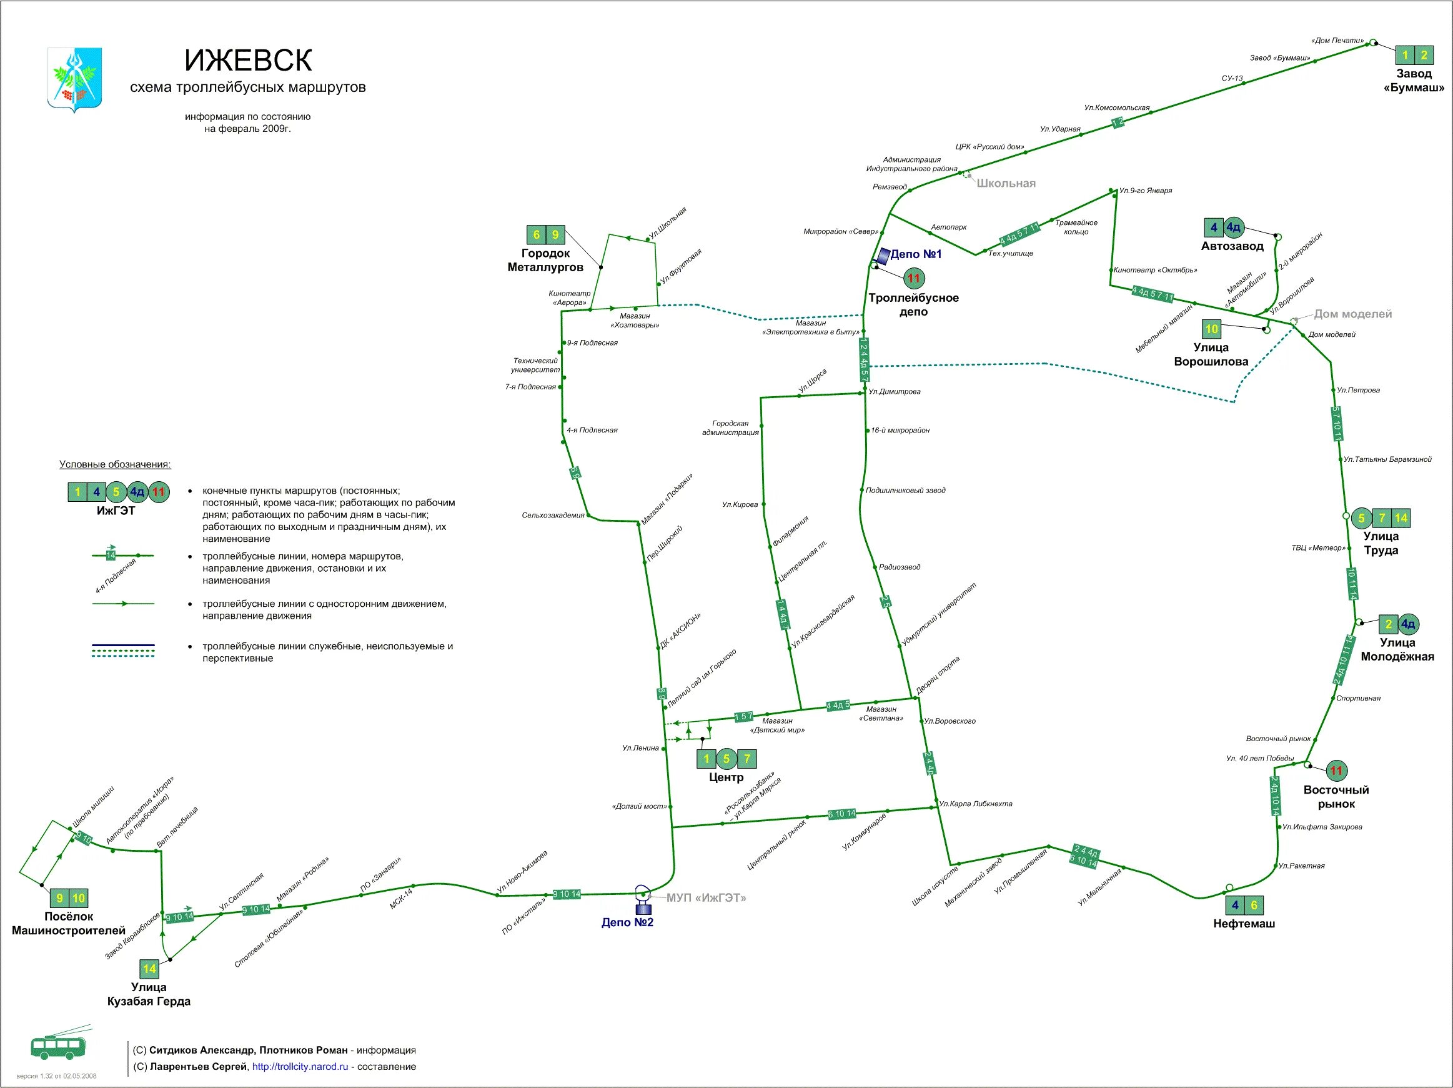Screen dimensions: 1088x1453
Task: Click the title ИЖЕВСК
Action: (247, 61)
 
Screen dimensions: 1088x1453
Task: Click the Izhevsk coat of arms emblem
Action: (75, 79)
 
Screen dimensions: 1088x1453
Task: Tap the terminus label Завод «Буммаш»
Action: (1414, 80)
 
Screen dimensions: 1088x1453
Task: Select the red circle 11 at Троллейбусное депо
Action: (914, 279)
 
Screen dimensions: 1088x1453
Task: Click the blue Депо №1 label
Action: (916, 254)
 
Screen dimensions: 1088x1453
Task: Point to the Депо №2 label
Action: (627, 922)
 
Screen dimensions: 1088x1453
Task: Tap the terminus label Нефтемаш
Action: (1244, 923)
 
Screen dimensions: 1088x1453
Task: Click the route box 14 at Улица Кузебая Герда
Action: (150, 969)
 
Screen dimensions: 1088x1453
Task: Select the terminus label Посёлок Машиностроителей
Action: (68, 923)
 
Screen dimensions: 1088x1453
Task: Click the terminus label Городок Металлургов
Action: (545, 260)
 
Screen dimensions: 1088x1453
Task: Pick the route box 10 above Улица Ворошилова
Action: (1211, 329)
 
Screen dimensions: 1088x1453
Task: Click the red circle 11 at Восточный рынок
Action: (1336, 771)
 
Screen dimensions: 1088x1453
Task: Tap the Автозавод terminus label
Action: (1232, 246)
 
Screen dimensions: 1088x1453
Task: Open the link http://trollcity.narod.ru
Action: (300, 1066)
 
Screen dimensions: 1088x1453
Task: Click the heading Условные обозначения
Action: (115, 464)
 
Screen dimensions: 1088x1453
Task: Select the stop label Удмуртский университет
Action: (939, 614)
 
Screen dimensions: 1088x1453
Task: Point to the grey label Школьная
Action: (1006, 183)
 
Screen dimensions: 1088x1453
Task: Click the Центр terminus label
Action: (726, 777)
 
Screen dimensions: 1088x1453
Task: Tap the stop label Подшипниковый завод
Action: (905, 490)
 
